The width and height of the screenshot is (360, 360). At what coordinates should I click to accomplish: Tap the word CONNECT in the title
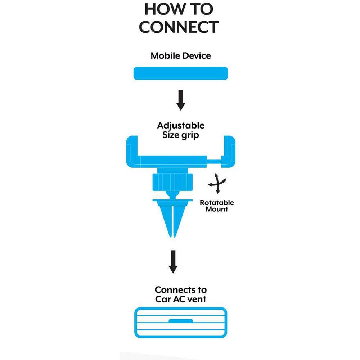coord(179,27)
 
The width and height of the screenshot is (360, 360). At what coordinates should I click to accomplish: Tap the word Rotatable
coord(217,203)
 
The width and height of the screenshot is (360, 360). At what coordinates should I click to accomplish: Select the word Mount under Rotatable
coord(217,209)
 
